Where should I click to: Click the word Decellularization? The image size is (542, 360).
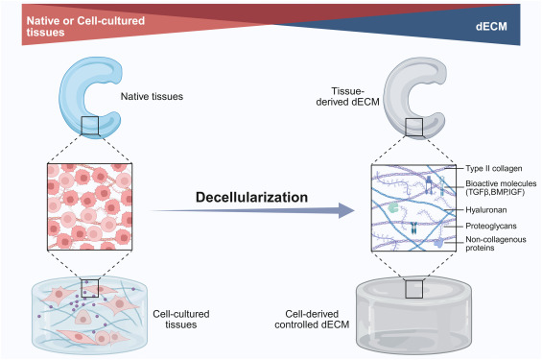coord(251,197)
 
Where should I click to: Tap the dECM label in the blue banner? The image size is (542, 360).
coord(491,26)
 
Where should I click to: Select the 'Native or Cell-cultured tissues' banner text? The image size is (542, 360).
coord(85,26)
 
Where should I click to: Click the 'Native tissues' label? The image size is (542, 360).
coord(152,96)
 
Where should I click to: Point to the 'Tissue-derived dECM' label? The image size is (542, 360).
coord(347,97)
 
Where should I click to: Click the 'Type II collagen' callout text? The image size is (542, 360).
coord(494,168)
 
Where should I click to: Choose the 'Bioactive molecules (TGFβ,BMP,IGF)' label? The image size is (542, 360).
coord(501,188)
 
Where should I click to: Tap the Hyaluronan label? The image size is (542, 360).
coord(486,210)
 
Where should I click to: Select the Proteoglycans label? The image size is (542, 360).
coord(491,226)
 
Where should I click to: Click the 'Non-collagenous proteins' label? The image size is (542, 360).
coord(496,244)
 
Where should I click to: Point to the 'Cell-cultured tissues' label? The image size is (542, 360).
coord(181,319)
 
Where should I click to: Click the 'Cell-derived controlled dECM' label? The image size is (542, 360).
coord(312,319)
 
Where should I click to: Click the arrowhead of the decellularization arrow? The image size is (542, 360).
coord(346,210)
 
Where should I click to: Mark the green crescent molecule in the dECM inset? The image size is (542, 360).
coord(393,207)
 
